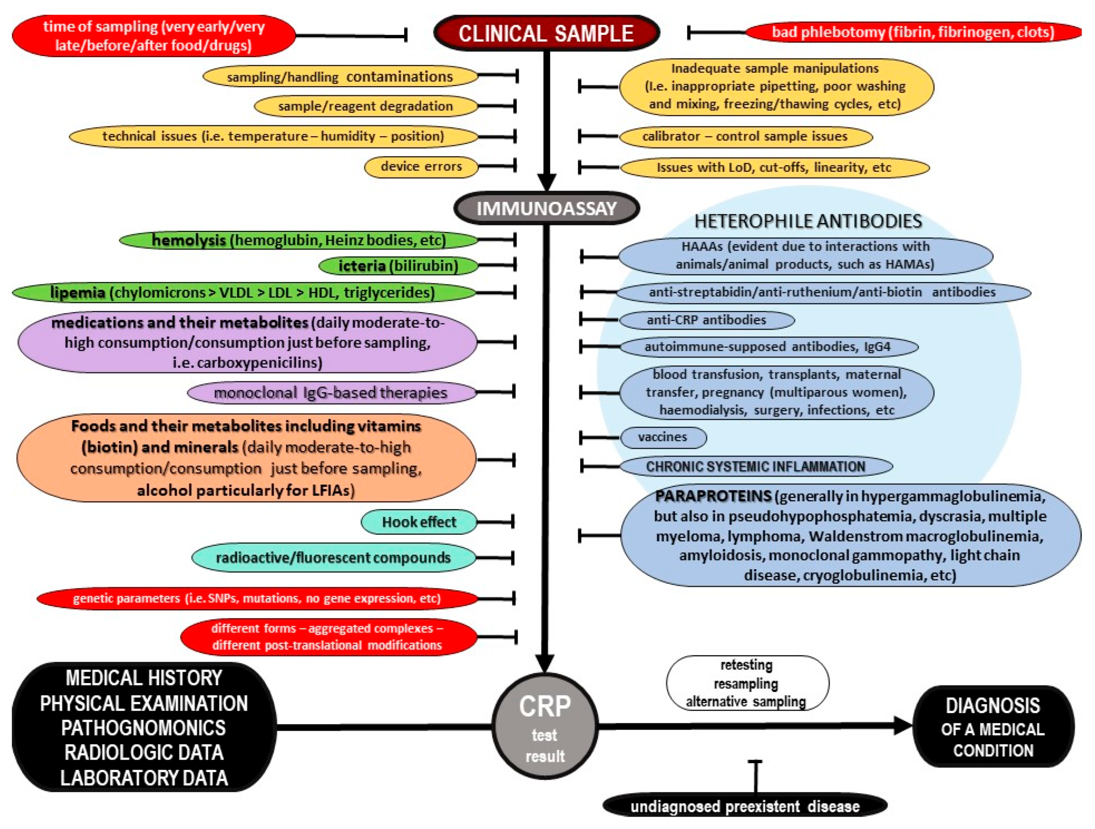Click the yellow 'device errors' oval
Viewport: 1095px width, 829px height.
point(421,166)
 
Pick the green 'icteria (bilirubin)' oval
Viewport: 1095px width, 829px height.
point(398,266)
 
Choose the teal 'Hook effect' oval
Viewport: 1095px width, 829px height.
point(419,522)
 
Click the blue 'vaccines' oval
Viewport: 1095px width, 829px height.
point(662,437)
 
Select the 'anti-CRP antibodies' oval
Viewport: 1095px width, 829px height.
point(706,320)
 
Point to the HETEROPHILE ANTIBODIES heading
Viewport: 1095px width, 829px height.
point(808,221)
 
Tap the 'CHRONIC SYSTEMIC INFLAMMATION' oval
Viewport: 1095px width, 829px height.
point(756,466)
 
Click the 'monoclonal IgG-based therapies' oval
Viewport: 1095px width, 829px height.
point(331,392)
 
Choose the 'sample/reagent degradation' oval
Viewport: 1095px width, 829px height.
point(365,106)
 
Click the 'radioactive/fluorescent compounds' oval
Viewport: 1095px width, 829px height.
point(333,558)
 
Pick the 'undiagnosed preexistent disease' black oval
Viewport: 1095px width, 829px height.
point(744,806)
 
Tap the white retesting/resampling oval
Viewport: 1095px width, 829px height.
point(746,683)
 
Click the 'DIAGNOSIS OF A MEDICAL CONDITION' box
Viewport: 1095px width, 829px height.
point(993,727)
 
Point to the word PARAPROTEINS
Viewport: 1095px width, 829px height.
point(713,495)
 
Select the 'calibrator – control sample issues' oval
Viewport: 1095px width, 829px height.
point(745,136)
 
